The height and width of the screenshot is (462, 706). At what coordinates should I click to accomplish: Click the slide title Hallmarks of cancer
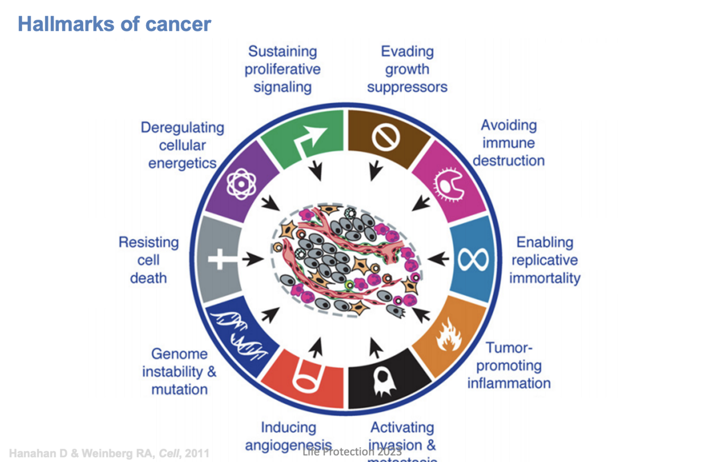(114, 24)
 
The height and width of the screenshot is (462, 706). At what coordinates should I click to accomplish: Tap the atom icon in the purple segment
(241, 184)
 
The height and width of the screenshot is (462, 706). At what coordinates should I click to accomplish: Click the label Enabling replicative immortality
(545, 260)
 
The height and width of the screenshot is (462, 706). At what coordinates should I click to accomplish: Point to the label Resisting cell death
(149, 260)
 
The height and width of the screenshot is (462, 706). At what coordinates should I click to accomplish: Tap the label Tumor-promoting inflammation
(509, 365)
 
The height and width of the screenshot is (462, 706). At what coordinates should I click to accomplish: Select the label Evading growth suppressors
(407, 69)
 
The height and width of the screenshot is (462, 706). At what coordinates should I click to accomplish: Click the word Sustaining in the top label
(283, 51)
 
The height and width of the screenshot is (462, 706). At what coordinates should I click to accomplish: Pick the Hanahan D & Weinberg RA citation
(109, 453)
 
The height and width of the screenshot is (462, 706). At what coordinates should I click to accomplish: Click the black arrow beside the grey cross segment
(253, 260)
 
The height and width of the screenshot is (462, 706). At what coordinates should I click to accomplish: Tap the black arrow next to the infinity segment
(438, 259)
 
